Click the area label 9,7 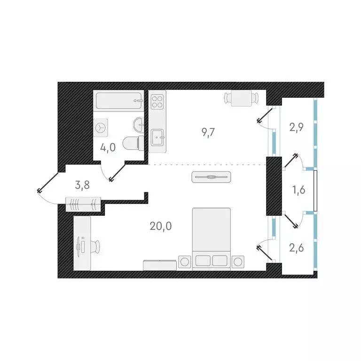tap(208, 132)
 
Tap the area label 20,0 tap(161, 226)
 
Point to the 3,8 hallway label tap(82, 185)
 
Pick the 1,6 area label tap(298, 190)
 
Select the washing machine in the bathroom tap(102, 126)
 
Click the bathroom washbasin tap(139, 124)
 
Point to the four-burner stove tap(157, 102)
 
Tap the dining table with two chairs tap(241, 99)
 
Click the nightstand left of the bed tap(184, 261)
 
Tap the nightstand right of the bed tap(239, 261)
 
